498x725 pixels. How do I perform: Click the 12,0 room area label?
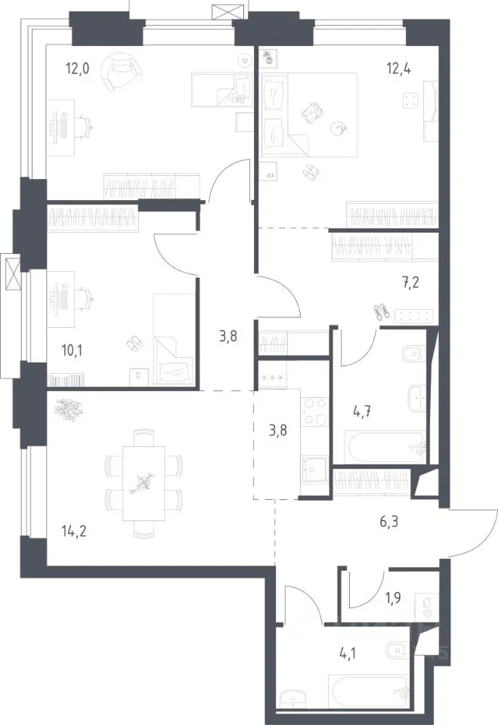pyautogui.click(x=77, y=69)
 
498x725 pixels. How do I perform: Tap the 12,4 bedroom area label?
pyautogui.click(x=399, y=69)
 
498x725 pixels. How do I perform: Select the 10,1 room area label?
pyautogui.click(x=73, y=350)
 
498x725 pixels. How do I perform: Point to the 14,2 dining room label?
pyautogui.click(x=73, y=531)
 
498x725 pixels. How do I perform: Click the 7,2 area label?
pyautogui.click(x=410, y=282)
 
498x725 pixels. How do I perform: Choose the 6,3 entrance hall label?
pyautogui.click(x=388, y=522)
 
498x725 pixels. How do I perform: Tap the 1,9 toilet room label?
pyautogui.click(x=393, y=598)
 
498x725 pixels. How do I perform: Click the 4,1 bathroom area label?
pyautogui.click(x=348, y=653)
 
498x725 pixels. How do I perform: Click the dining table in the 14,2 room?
pyautogui.click(x=144, y=483)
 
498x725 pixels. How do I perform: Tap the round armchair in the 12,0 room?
pyautogui.click(x=121, y=70)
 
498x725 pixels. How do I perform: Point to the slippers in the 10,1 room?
pyautogui.click(x=135, y=343)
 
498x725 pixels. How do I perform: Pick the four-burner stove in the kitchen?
pyautogui.click(x=314, y=412)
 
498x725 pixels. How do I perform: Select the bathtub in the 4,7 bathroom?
pyautogui.click(x=384, y=446)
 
